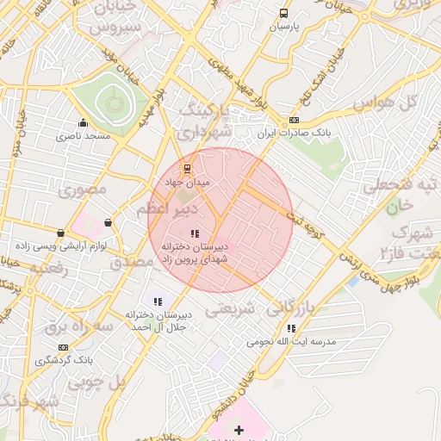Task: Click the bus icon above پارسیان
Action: click(284, 13)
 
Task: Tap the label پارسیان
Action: click(284, 27)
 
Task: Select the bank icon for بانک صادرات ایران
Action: click(295, 120)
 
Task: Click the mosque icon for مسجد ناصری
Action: click(84, 122)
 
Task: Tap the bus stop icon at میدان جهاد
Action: click(188, 169)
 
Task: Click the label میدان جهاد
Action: click(188, 183)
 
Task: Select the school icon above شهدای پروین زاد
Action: click(194, 233)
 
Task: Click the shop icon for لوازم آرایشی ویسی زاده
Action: click(60, 233)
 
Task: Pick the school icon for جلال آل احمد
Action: click(157, 301)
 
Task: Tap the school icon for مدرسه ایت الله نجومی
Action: click(291, 328)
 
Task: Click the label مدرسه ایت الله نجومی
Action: click(291, 342)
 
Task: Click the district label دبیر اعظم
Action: click(169, 209)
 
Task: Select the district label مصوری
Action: click(83, 189)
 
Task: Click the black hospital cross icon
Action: click(239, 429)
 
